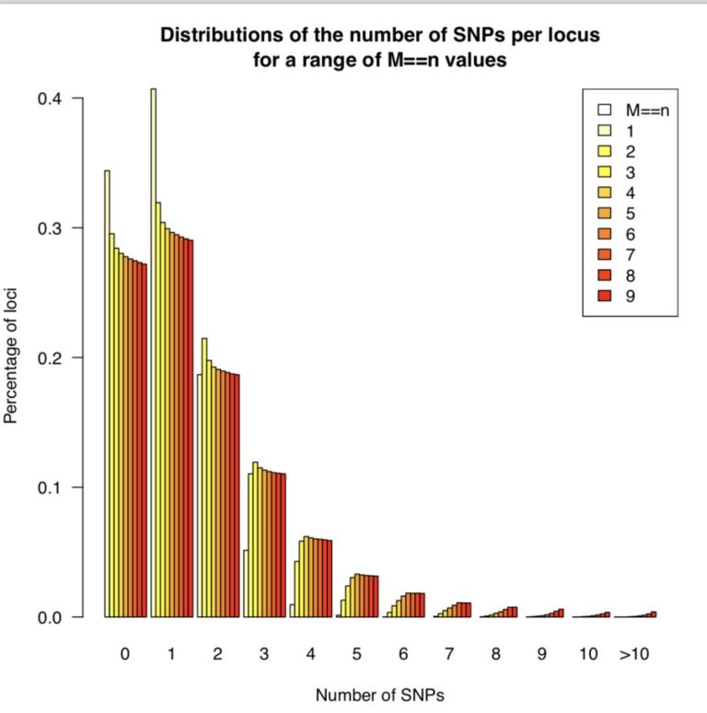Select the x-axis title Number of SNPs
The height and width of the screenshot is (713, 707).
379,695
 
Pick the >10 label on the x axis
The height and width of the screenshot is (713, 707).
635,655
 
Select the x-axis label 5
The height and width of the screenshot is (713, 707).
356,655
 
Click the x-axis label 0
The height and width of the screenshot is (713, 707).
124,655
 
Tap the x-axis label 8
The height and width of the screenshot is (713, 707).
495,655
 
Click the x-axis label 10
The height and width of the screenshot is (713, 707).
587,655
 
